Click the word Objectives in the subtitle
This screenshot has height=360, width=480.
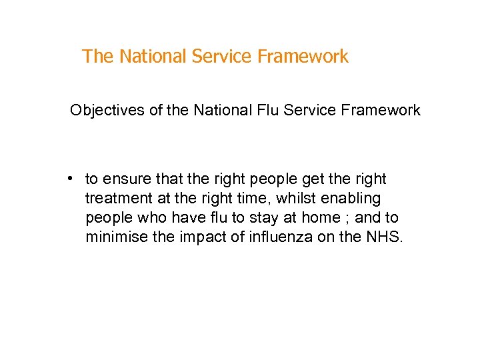pos(105,110)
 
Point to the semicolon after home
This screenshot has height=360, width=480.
pos(348,219)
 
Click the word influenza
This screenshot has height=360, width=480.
pos(269,237)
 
